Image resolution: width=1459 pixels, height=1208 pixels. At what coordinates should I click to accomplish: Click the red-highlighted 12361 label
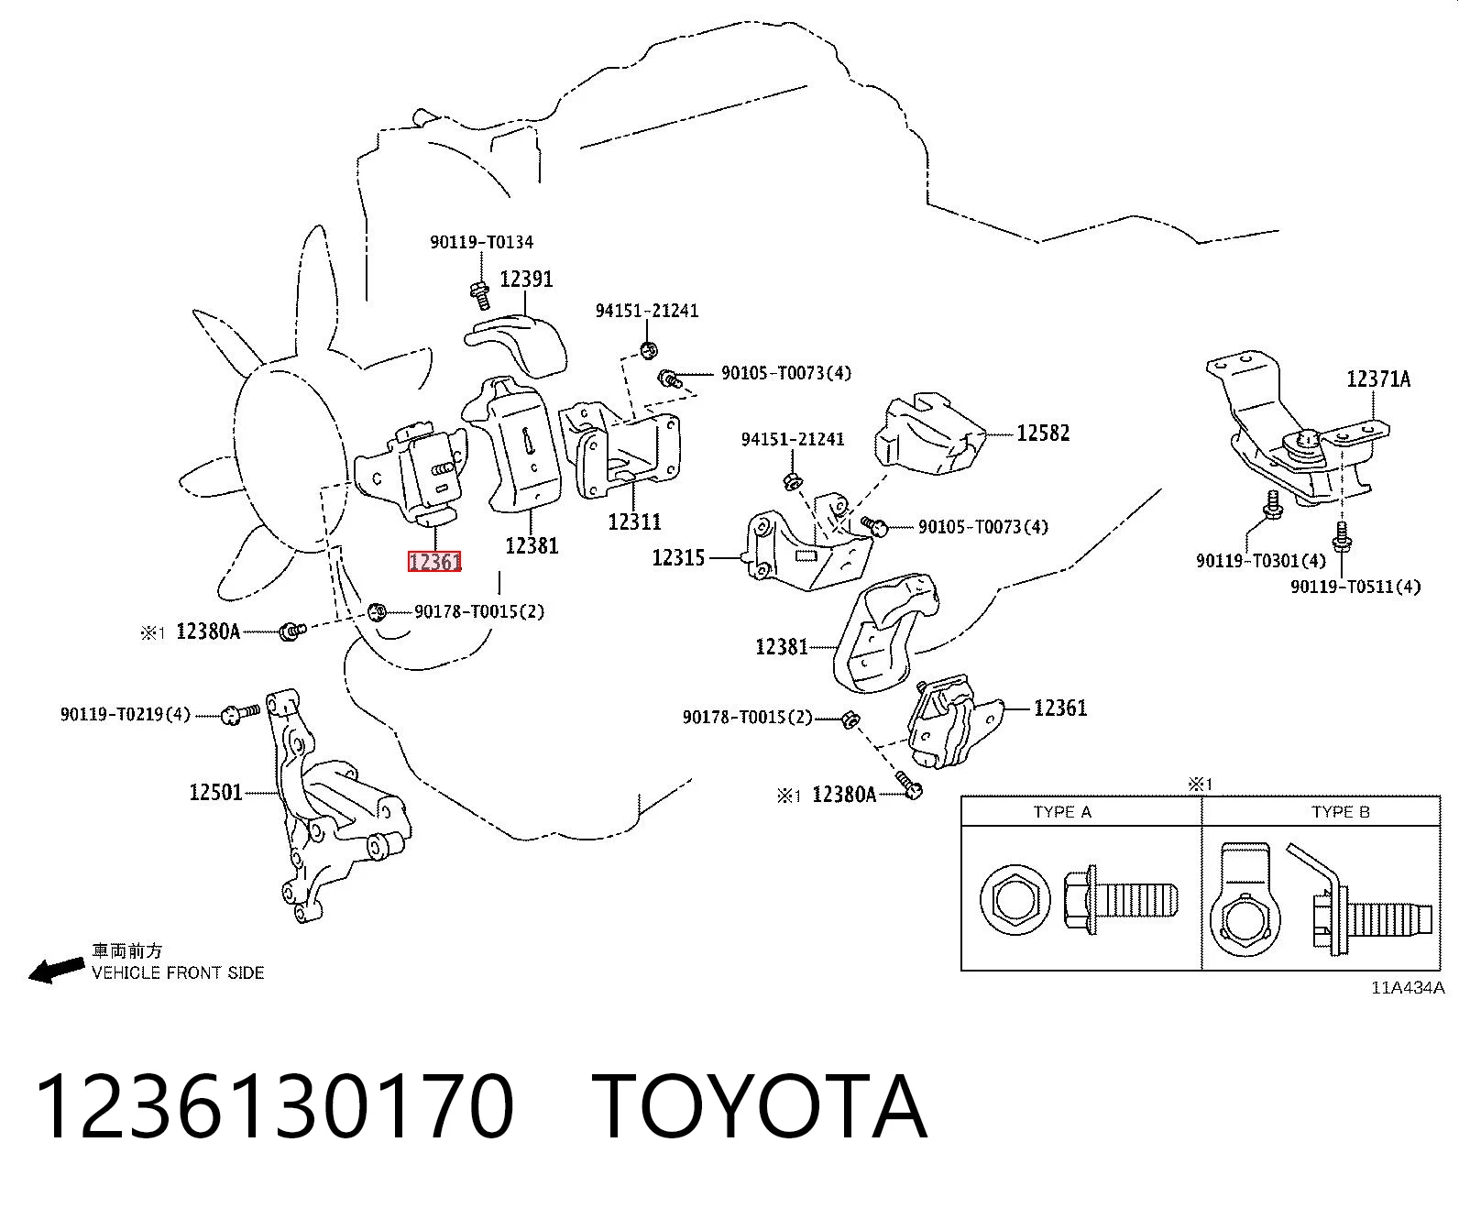[x=433, y=561]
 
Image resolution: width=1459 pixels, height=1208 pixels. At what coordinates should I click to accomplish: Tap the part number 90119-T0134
[x=481, y=243]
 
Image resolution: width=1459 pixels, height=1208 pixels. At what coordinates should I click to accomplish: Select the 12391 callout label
[x=526, y=279]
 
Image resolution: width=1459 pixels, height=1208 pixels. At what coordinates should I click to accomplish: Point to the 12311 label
[x=634, y=522]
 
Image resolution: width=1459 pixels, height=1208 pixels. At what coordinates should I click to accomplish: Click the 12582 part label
[x=1043, y=433]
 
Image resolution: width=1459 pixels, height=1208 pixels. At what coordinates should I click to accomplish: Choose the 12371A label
[x=1378, y=379]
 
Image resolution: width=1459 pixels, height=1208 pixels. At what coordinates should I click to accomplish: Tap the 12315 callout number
[x=678, y=558]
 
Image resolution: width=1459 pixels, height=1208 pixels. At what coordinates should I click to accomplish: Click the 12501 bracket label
[x=216, y=792]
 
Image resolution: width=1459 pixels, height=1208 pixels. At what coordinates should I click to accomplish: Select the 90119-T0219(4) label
[x=125, y=715]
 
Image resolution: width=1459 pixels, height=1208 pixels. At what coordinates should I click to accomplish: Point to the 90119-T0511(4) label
[x=1355, y=587]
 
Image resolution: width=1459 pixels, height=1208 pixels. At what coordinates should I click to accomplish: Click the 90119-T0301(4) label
[x=1261, y=561]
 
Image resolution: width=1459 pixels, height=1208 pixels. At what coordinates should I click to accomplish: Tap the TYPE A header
[x=1062, y=812]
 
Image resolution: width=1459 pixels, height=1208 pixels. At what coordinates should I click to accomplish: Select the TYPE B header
[x=1340, y=812]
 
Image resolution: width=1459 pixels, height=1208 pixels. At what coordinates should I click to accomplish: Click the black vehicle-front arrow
[x=56, y=970]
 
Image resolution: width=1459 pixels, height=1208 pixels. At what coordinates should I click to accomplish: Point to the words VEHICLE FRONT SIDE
[x=178, y=972]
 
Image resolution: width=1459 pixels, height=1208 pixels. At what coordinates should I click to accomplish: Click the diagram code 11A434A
[x=1408, y=987]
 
